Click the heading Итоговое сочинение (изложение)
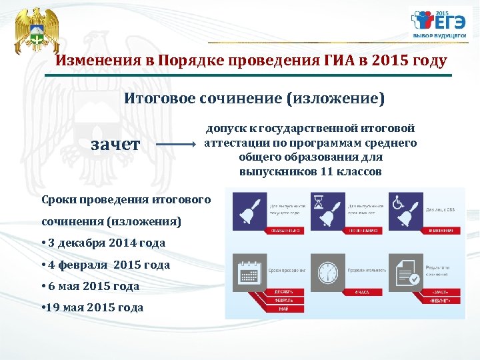click(255, 99)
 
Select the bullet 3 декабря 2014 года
click(103, 243)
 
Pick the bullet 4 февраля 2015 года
click(105, 265)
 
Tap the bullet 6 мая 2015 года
click(90, 286)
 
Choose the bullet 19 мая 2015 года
click(92, 307)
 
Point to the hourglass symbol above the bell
click(319, 201)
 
